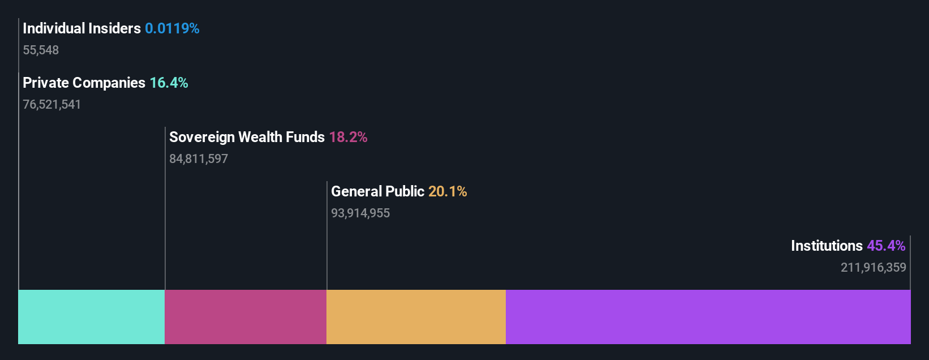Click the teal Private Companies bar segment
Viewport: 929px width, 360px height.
tap(91, 317)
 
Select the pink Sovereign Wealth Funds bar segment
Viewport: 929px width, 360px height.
tap(246, 317)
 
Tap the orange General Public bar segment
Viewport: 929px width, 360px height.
tap(416, 317)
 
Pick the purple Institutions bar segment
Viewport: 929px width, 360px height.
tap(708, 317)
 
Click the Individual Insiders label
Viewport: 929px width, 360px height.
tap(81, 28)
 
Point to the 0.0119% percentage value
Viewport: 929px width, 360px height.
tap(172, 28)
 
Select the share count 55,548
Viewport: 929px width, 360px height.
tap(41, 50)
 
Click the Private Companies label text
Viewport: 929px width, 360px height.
tap(84, 83)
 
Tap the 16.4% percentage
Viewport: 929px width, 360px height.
tap(169, 83)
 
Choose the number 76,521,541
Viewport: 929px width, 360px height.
tap(51, 105)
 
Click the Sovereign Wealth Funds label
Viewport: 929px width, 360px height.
tap(247, 137)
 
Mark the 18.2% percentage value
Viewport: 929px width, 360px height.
tap(348, 137)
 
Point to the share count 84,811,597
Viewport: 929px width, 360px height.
tap(199, 159)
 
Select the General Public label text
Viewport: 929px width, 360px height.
tap(377, 191)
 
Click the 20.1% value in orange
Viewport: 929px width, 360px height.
tap(448, 191)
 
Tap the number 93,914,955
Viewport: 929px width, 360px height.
tap(360, 213)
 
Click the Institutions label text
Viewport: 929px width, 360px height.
tap(827, 246)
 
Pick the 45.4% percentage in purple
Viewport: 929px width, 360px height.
tap(886, 246)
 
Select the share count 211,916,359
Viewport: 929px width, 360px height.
tap(873, 268)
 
